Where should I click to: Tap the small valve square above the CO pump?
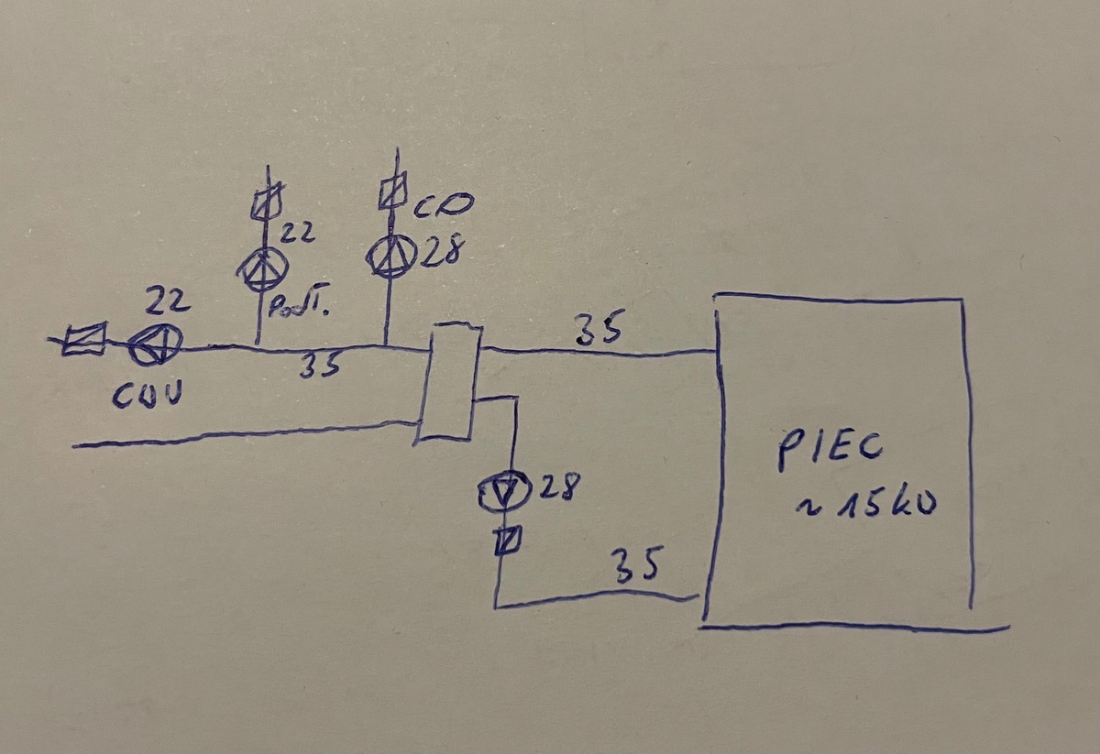(392, 192)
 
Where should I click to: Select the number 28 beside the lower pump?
(557, 488)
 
